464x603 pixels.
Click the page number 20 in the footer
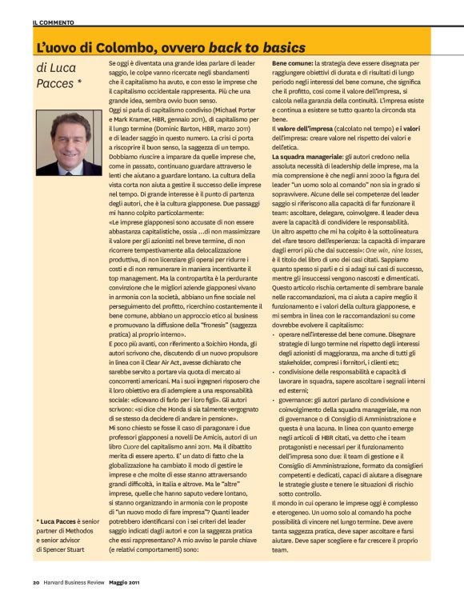(37, 581)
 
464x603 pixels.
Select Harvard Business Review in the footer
(82, 581)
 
